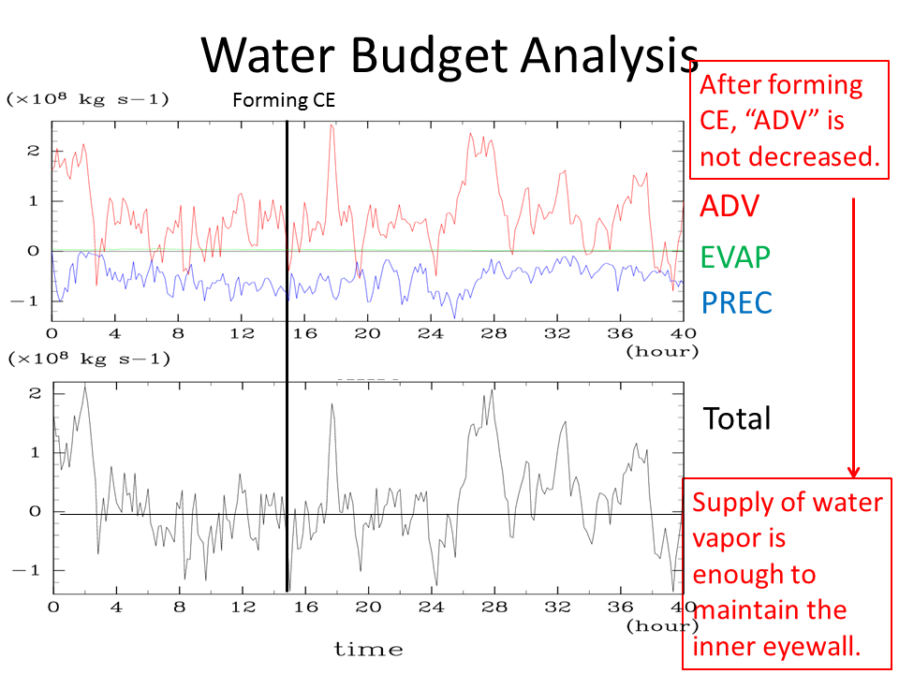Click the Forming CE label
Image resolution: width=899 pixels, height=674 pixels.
tap(283, 100)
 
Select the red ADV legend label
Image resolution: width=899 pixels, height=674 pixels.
tap(730, 205)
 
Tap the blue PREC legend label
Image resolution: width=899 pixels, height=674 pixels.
tap(737, 302)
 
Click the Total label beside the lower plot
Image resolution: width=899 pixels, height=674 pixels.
tap(737, 418)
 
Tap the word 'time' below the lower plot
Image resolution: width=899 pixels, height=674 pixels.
tap(368, 649)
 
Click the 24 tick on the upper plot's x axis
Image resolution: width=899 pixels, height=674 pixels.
tap(432, 333)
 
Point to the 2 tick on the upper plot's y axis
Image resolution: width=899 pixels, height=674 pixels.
tap(34, 150)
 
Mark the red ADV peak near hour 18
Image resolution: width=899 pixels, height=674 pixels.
tap(332, 126)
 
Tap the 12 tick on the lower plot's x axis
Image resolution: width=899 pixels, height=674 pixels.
tap(243, 606)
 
